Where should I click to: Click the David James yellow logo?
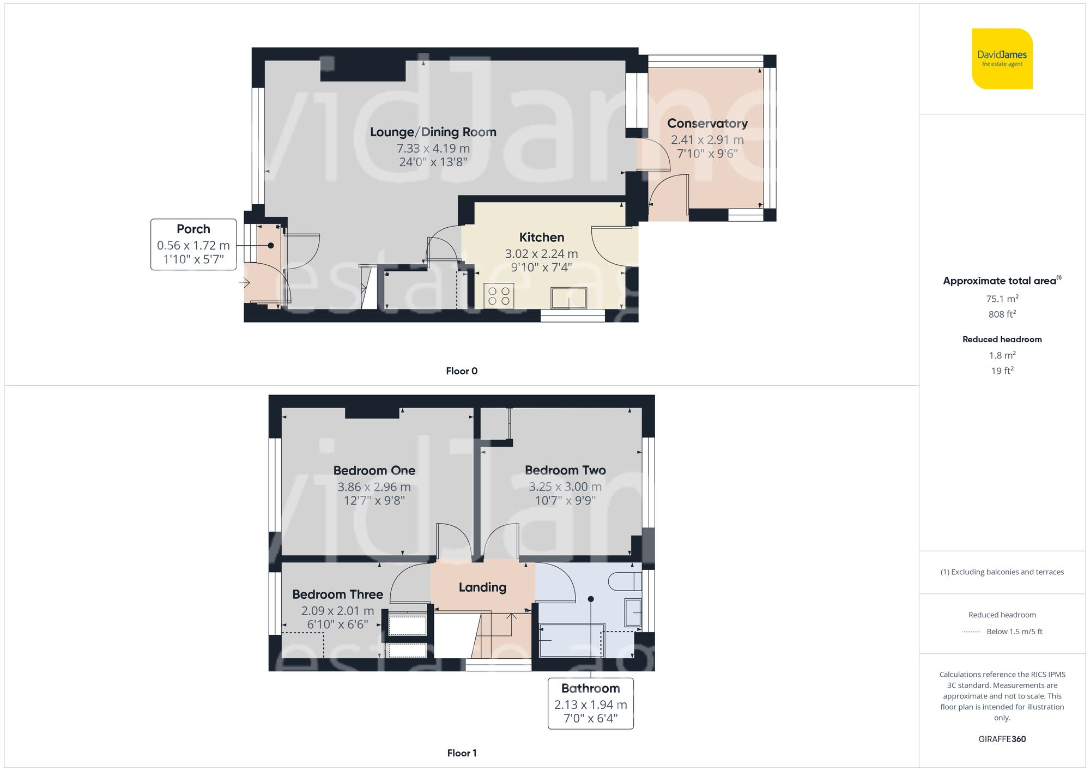click(1002, 59)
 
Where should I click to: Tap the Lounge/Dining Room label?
click(433, 132)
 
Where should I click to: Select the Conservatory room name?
click(707, 124)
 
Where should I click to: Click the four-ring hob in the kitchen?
click(499, 296)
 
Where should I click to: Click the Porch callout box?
click(193, 245)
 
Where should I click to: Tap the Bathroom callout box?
click(591, 703)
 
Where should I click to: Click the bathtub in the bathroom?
click(572, 640)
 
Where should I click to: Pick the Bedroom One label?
click(374, 470)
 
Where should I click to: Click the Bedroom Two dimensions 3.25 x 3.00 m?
click(565, 487)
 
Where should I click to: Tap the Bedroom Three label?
click(338, 594)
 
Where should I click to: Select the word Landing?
click(482, 587)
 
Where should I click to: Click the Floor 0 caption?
click(462, 371)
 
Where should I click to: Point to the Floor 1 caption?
click(462, 753)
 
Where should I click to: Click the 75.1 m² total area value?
click(1002, 299)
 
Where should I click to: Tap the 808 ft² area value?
click(1002, 314)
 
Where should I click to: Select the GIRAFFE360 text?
click(1002, 739)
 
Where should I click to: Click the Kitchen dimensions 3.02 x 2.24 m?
click(541, 253)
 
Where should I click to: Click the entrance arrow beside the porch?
click(244, 283)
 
